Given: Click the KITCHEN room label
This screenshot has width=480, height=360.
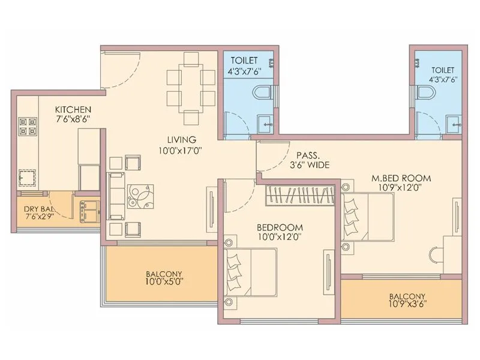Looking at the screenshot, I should [x=73, y=110].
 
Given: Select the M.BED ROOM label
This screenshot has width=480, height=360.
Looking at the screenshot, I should [x=401, y=178].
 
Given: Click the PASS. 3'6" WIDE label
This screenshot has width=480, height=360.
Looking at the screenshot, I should [x=308, y=159].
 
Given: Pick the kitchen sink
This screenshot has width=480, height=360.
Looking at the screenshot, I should [x=28, y=177].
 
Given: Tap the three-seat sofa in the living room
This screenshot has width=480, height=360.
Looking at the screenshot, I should [x=115, y=196].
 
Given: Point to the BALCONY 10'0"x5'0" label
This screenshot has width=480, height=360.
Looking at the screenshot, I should [x=164, y=277].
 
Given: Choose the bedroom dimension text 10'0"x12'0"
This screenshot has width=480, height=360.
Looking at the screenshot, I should [x=279, y=236].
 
